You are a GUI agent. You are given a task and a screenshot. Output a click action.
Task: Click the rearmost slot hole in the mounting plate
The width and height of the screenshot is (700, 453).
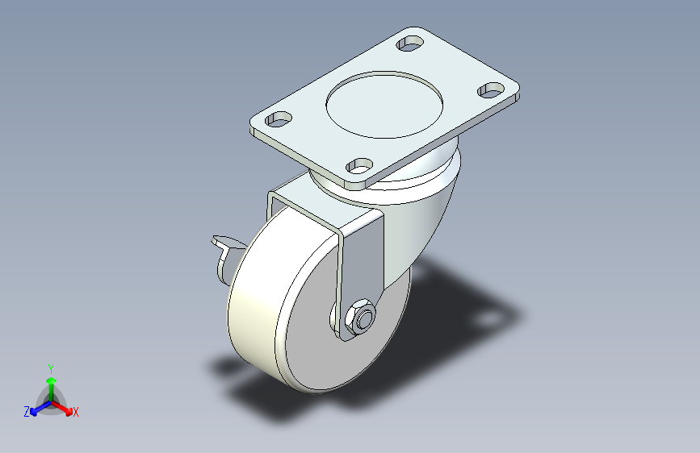coord(411,42)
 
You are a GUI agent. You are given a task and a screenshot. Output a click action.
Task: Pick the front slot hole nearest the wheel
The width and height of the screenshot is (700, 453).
coord(358,167)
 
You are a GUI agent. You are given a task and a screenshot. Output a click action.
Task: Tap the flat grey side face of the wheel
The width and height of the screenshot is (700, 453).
coord(323,355)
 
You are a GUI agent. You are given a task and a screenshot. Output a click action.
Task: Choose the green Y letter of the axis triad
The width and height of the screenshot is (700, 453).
coord(50,367)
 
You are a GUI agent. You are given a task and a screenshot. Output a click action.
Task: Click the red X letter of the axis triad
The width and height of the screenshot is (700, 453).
coord(76,413)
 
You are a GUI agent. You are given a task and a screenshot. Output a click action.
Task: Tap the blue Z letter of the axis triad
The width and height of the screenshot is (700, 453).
coord(27,412)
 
